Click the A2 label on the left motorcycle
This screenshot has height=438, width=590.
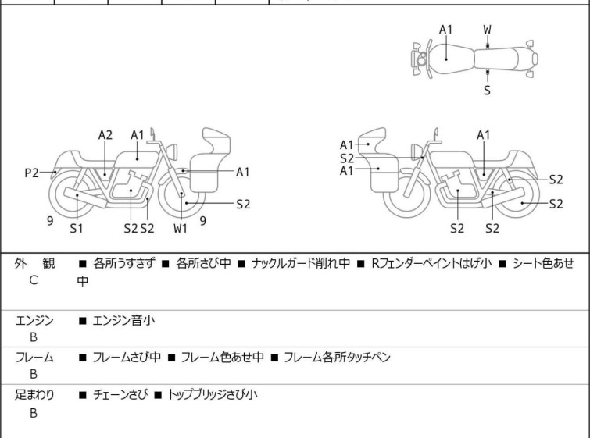[x=105, y=134]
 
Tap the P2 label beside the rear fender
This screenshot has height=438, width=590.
[x=31, y=173]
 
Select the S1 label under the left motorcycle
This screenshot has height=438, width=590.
[x=77, y=229]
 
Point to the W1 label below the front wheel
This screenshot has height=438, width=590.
[x=181, y=229]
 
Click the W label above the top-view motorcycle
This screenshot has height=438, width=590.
[x=488, y=30]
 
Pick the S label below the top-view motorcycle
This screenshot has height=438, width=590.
[x=488, y=90]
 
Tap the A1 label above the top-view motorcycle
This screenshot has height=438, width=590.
[x=445, y=30]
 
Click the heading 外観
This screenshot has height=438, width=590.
[x=34, y=264]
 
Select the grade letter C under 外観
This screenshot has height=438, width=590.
[x=34, y=281]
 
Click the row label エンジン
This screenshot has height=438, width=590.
[x=34, y=320]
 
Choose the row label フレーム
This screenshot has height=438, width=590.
[x=34, y=358]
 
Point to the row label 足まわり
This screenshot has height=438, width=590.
[x=34, y=395]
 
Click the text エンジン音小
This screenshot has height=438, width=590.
[x=124, y=320]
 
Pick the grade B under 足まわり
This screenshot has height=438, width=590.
[x=34, y=413]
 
